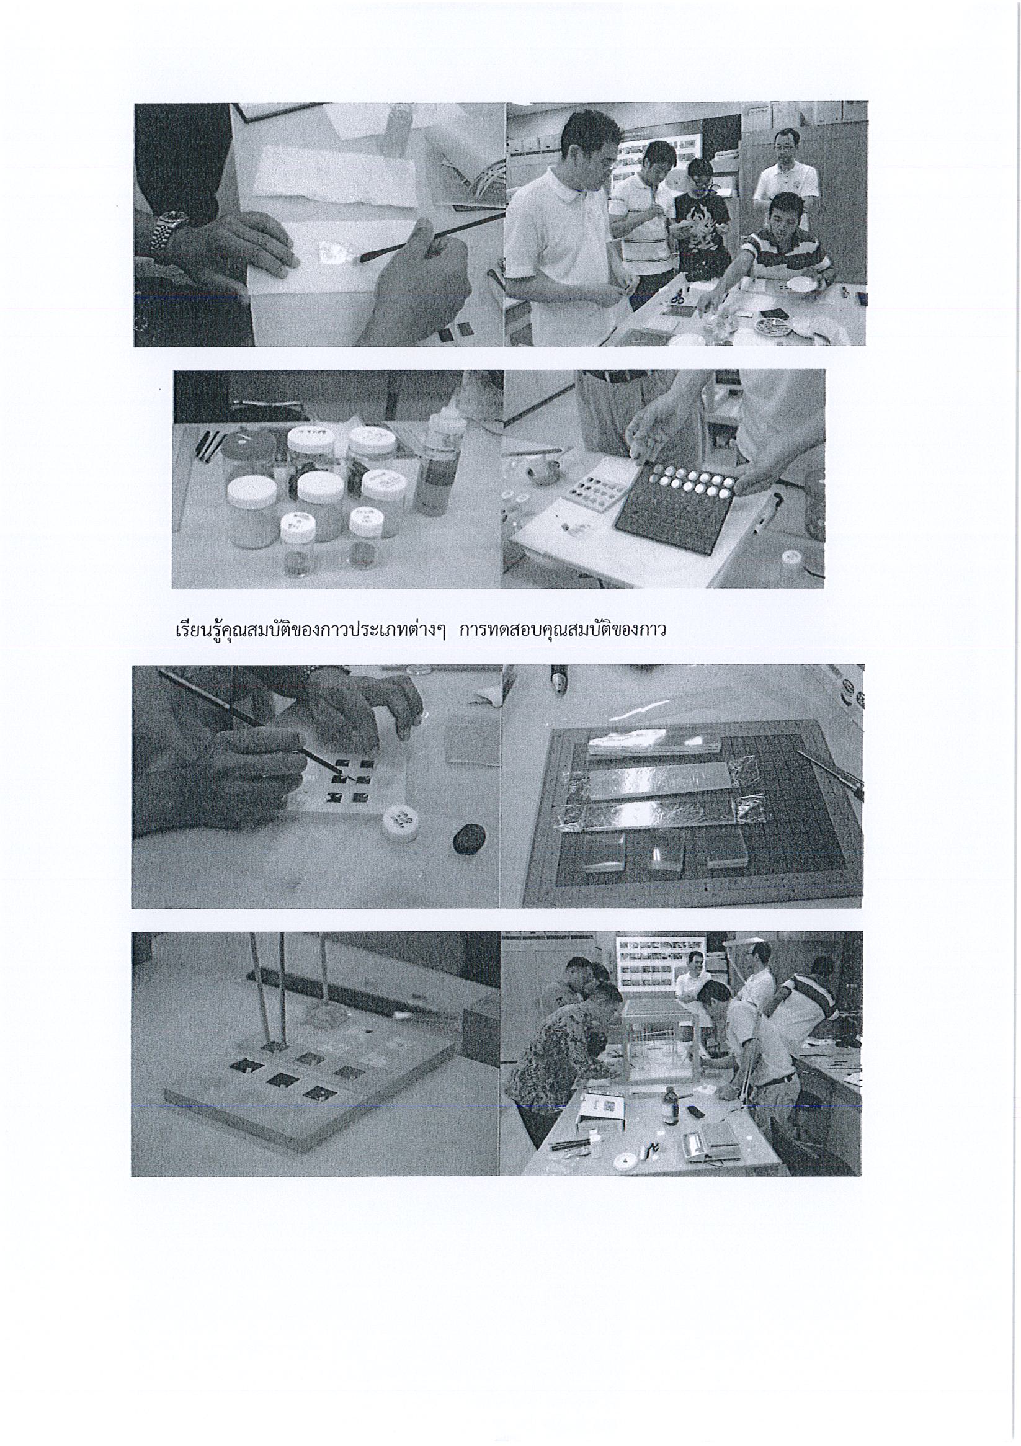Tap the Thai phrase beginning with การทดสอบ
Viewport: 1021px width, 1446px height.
[563, 629]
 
